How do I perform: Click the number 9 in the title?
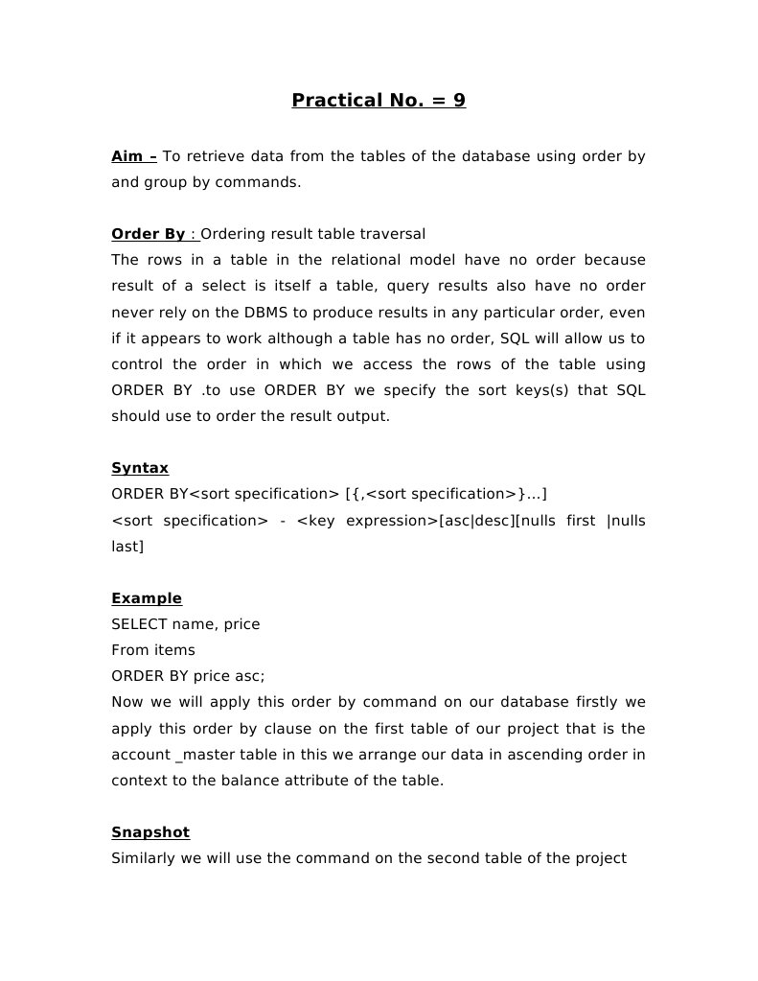point(459,100)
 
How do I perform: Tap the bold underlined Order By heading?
point(149,234)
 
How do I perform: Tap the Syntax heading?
point(140,468)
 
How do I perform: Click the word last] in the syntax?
point(127,546)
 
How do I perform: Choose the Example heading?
point(147,598)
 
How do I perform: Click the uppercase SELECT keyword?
point(139,624)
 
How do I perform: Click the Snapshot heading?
point(150,832)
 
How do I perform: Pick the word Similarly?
point(144,858)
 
